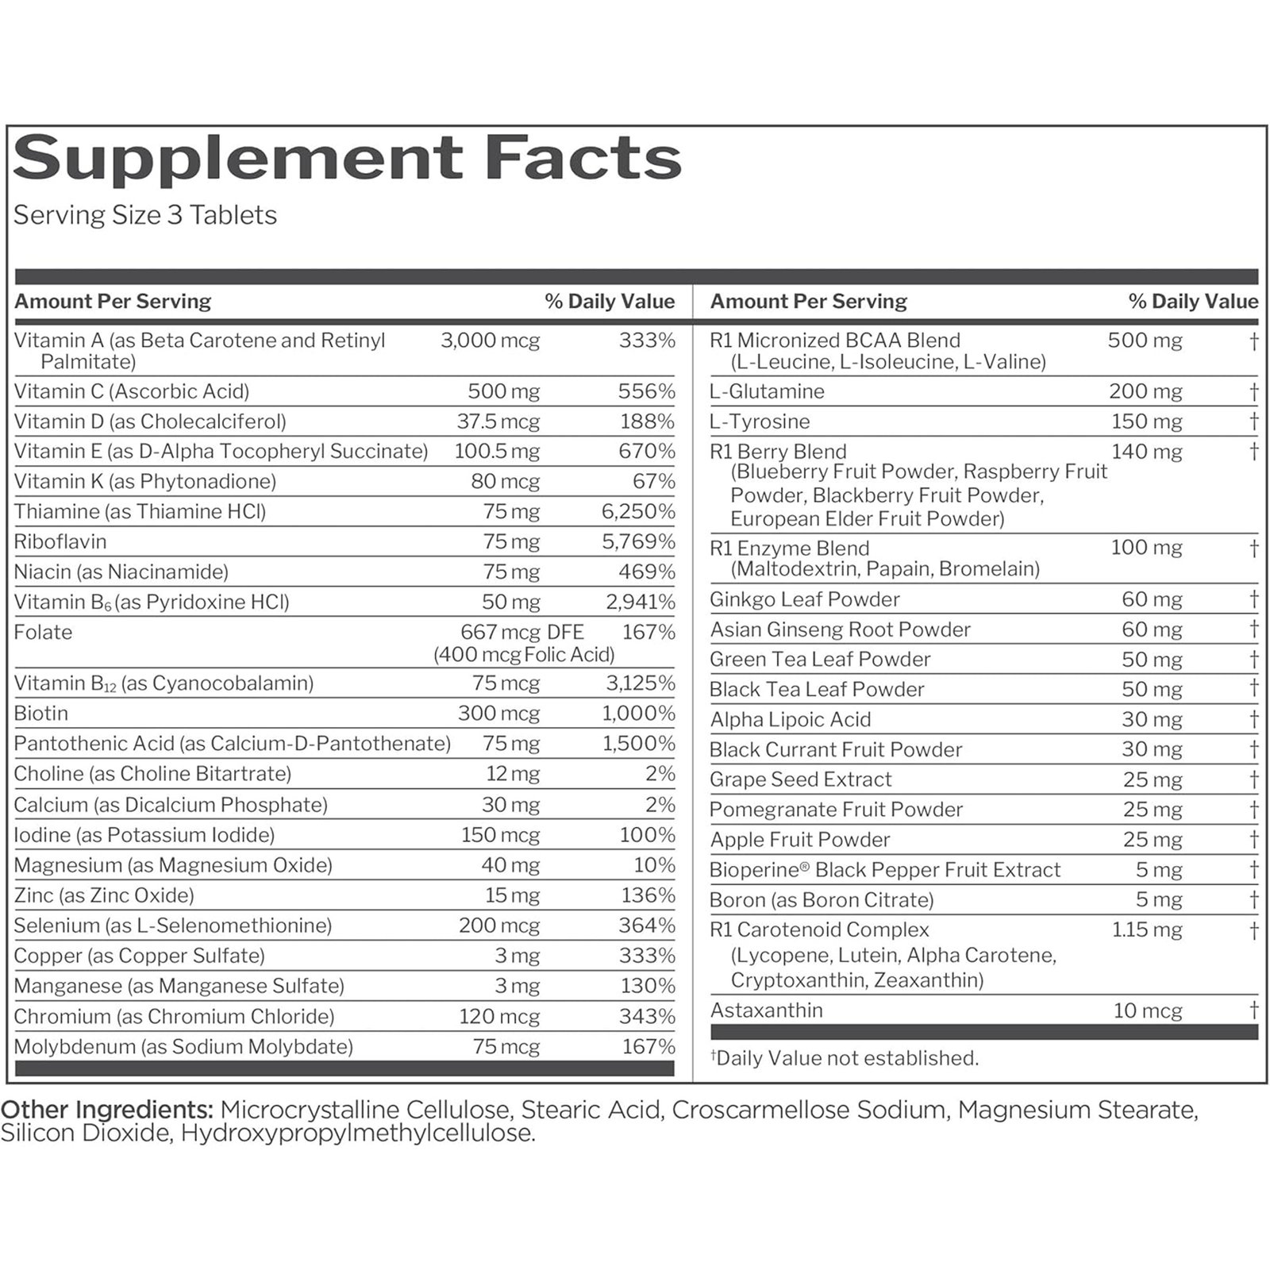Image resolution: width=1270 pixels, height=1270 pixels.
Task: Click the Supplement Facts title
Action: [347, 159]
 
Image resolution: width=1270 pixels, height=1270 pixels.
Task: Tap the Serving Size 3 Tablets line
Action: [145, 215]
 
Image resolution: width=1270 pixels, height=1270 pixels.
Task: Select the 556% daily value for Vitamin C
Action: [646, 391]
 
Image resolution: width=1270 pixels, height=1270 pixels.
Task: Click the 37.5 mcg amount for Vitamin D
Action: [498, 421]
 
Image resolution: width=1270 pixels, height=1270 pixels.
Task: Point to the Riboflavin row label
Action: [60, 542]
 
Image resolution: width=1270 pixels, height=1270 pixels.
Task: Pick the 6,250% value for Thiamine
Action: [637, 512]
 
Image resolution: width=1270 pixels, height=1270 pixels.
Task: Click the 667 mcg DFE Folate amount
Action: [521, 633]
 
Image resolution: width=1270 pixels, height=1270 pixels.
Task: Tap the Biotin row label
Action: [41, 714]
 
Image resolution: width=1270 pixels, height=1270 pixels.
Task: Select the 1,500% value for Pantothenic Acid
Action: [637, 744]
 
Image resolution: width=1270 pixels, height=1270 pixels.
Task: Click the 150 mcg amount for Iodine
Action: [500, 835]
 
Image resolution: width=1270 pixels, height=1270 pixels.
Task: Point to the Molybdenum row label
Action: [183, 1047]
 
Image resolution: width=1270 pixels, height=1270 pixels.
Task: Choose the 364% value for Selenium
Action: [646, 926]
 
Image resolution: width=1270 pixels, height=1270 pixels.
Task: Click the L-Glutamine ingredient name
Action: [767, 391]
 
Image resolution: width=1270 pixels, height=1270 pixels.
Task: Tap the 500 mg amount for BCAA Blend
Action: [1145, 341]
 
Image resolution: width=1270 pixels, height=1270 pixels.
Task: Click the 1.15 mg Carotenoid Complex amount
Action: [1146, 929]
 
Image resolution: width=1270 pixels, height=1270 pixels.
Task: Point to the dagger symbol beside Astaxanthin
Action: [1253, 1010]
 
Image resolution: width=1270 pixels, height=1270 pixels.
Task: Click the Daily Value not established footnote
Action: [845, 1058]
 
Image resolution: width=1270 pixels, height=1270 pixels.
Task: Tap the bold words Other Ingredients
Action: [106, 1110]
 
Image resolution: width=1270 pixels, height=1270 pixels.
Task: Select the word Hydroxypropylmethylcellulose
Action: [358, 1133]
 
